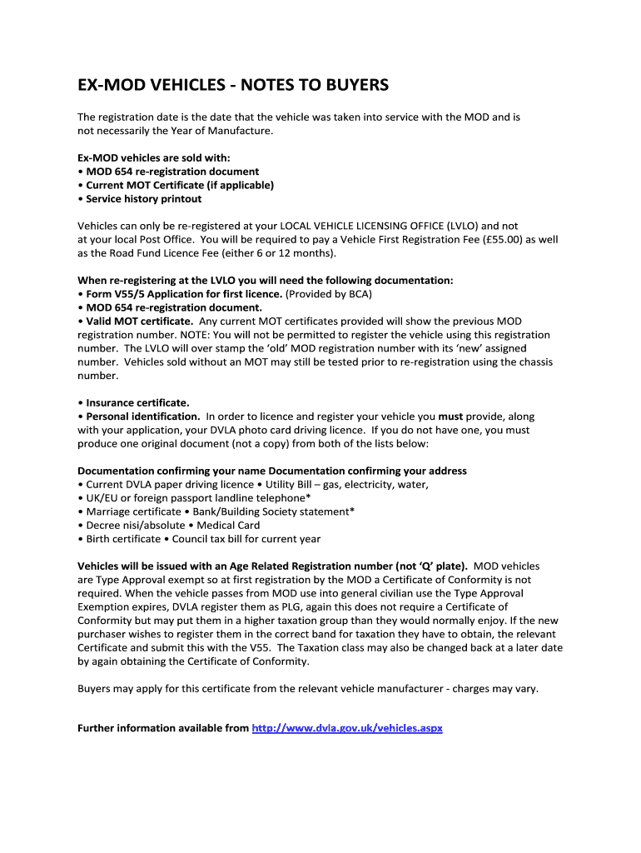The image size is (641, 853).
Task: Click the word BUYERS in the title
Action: (x=352, y=86)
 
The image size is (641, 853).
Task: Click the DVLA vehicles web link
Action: (x=347, y=728)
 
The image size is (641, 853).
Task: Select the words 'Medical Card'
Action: (x=228, y=526)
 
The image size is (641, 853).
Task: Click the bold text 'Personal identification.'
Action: (x=143, y=417)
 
